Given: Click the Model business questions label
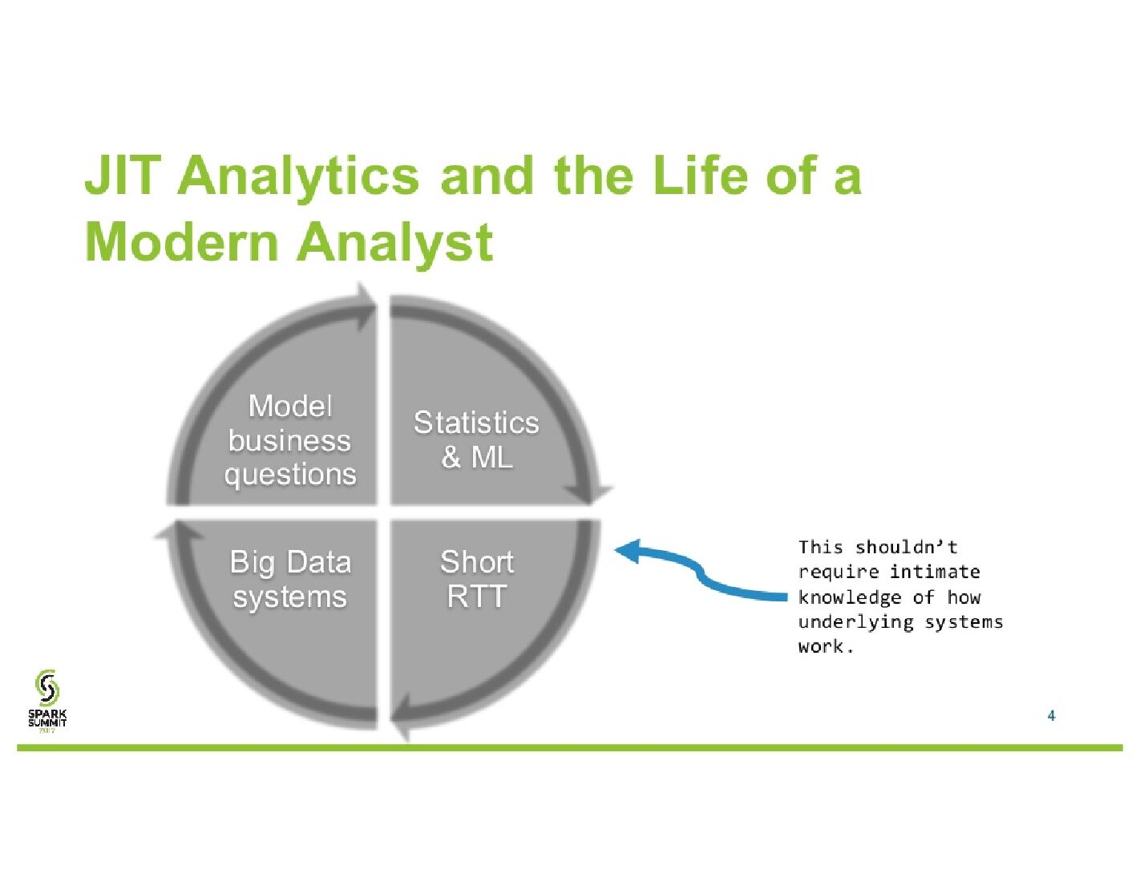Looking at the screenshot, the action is (x=289, y=440).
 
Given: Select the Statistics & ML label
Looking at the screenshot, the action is (x=476, y=439).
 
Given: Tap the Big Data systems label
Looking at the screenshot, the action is (x=289, y=579).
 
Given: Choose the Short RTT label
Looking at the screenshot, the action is (x=477, y=579).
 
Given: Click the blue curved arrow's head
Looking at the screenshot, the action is (x=628, y=551).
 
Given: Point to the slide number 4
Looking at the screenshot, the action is (x=1051, y=715).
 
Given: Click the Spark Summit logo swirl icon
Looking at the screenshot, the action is (x=47, y=688).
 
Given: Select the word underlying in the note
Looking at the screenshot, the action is (x=855, y=622).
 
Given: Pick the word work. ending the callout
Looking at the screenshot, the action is (x=826, y=647).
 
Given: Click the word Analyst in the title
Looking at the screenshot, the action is (x=394, y=241).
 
